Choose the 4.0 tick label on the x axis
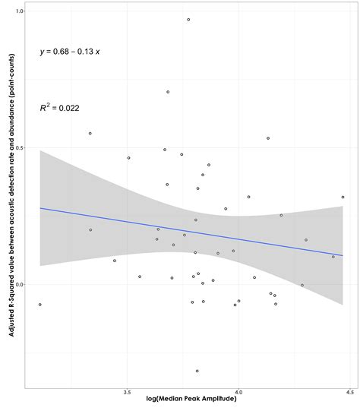click(238, 394)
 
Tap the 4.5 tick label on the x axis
click(349, 394)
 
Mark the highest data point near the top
click(188, 19)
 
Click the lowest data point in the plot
click(197, 371)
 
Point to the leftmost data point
click(39, 304)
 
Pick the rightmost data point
click(343, 197)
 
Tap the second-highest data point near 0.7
click(168, 92)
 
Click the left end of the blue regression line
click(39, 208)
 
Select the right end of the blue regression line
click(343, 256)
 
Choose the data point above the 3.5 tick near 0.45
click(128, 158)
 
